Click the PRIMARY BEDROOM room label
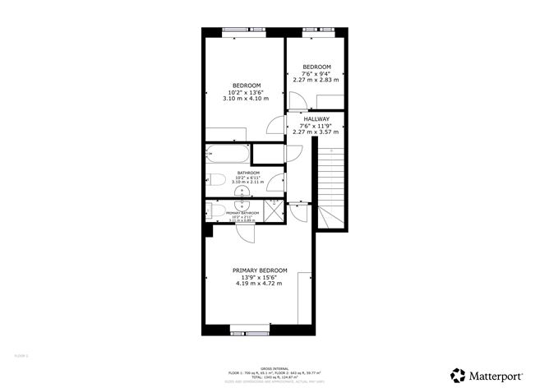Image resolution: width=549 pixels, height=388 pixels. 260,270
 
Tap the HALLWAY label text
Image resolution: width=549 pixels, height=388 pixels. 316,118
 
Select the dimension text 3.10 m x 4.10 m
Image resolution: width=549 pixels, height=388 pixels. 246,99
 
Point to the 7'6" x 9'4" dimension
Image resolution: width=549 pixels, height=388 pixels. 316,73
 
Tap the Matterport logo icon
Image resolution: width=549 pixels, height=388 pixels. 457,374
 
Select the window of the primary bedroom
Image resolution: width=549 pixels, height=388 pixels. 250,332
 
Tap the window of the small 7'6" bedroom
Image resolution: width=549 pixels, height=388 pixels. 316,32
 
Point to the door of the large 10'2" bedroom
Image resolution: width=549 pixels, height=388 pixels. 273,125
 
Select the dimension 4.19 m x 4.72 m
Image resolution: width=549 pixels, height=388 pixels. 260,284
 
